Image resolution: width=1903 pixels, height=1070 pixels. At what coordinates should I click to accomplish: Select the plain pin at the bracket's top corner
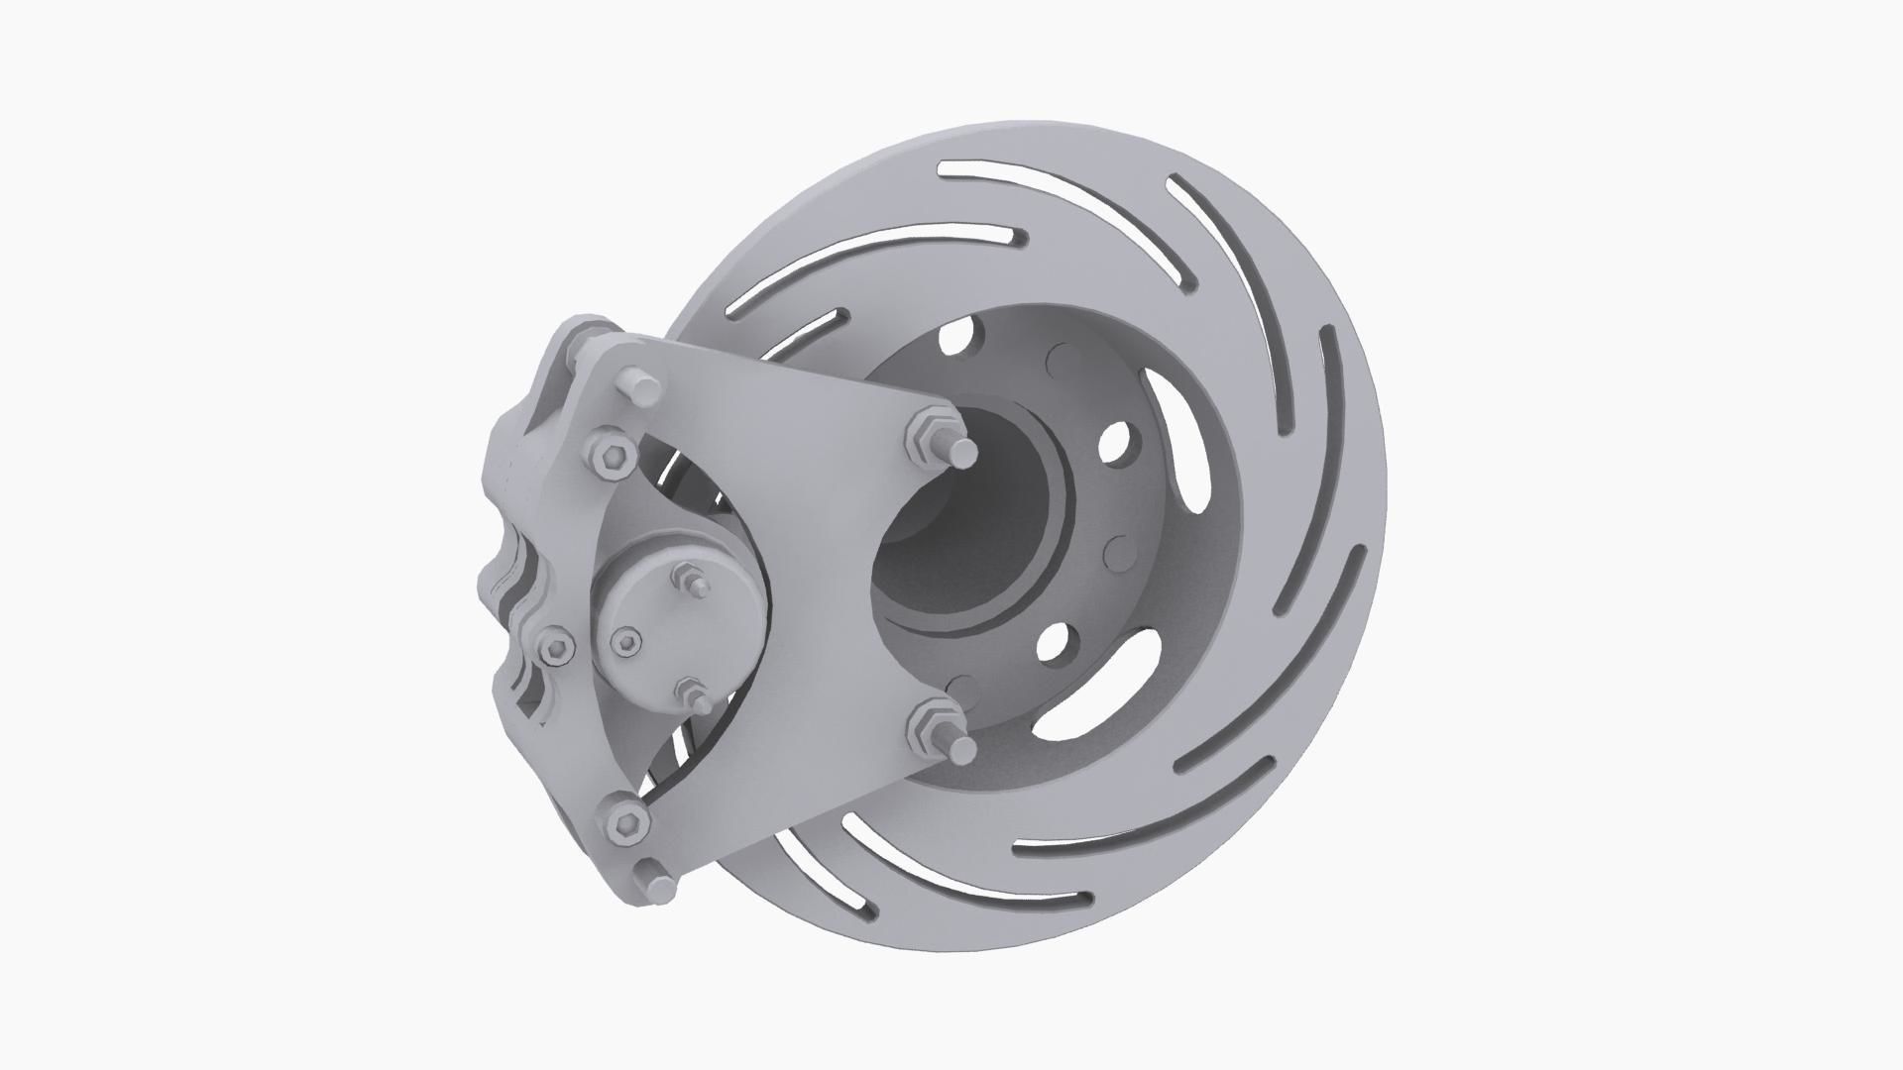pos(638,387)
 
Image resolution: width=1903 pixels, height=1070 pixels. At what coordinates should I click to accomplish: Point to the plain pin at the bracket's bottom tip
pos(654,882)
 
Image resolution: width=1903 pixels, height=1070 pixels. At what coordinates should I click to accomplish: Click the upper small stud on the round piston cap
pos(690,582)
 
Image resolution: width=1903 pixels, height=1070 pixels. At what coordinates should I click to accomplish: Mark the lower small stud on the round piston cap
pos(692,694)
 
